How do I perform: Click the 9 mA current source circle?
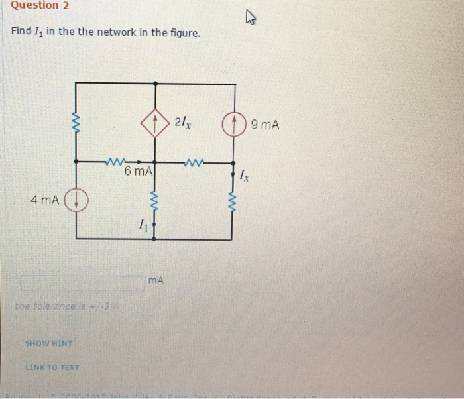tap(232, 125)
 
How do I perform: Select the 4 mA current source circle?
tap(78, 199)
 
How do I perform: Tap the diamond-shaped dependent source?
tap(154, 123)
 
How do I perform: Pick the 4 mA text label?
tap(44, 199)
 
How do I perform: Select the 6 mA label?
tap(139, 172)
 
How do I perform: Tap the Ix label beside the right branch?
tap(245, 176)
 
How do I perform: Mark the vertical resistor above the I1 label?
tap(154, 199)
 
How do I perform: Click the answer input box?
tap(82, 283)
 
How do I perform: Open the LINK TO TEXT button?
tap(52, 367)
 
